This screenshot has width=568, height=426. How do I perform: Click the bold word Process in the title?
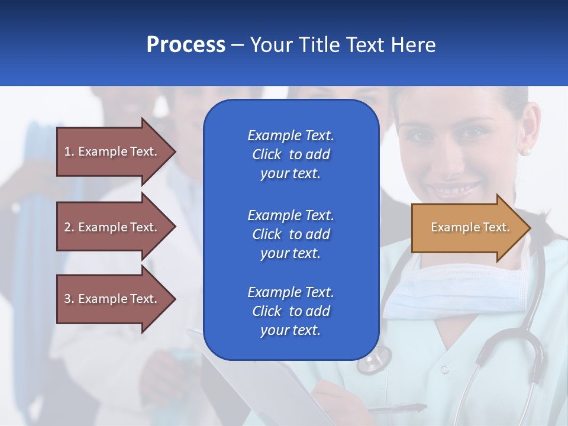pos(186,45)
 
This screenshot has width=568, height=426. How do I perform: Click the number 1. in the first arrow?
pos(69,151)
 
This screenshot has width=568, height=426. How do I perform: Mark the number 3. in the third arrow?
pos(69,299)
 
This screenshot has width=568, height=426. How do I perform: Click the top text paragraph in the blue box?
pos(291,154)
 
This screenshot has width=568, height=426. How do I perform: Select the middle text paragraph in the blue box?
pos(291,234)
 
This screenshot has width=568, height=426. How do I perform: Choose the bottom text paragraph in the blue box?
pos(291,311)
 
